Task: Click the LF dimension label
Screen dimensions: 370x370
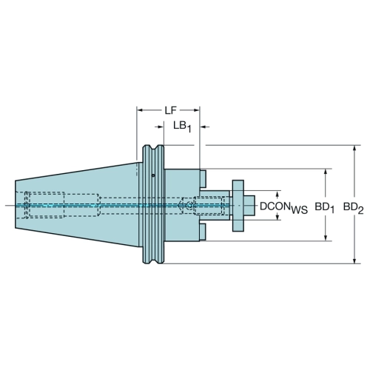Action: [x=171, y=110]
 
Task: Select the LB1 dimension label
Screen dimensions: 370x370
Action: [x=182, y=127]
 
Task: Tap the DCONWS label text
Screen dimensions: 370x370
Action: [x=283, y=207]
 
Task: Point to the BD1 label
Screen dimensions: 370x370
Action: [x=324, y=208]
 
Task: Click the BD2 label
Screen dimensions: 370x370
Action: [x=354, y=208]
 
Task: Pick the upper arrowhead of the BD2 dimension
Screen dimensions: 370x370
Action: [x=354, y=149]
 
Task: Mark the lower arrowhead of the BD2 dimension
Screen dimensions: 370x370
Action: [x=354, y=260]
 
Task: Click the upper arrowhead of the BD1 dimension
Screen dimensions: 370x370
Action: [x=326, y=172]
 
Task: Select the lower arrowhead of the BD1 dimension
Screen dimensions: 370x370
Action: [x=326, y=238]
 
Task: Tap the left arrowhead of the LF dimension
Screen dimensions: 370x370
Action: [x=140, y=110]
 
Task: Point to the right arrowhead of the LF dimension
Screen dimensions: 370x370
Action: [x=196, y=110]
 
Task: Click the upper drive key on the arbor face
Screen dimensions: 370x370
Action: [x=203, y=178]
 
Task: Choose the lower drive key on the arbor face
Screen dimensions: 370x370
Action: [x=203, y=232]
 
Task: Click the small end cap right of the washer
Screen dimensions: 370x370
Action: [x=249, y=206]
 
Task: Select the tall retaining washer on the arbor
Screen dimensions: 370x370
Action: [x=238, y=206]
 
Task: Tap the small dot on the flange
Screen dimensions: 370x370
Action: [x=153, y=175]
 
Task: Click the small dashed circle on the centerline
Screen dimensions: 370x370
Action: [x=189, y=205]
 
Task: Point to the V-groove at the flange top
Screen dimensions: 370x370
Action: [x=153, y=148]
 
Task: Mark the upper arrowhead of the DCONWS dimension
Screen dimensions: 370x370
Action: [x=277, y=194]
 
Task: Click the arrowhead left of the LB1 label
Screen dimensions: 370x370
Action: [x=161, y=127]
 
